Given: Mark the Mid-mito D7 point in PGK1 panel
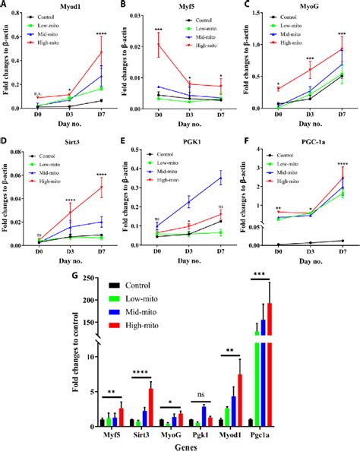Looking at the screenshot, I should click(x=221, y=178).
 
